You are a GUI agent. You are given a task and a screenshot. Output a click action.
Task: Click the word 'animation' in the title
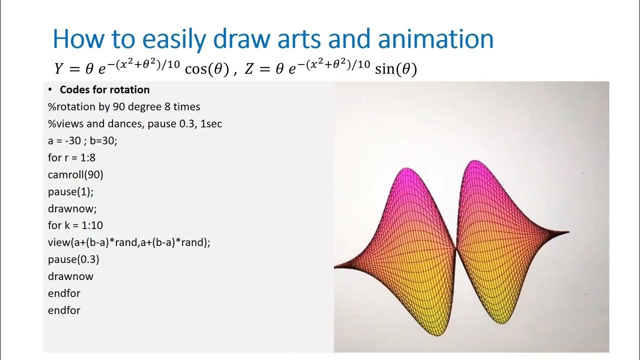(x=435, y=38)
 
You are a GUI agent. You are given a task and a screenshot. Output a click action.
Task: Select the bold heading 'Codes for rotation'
(x=104, y=90)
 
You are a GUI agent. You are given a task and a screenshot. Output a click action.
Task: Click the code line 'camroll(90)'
(x=75, y=175)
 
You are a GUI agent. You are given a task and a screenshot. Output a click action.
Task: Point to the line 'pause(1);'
(x=70, y=192)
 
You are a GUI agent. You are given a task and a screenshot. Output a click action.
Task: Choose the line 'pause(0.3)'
(x=73, y=259)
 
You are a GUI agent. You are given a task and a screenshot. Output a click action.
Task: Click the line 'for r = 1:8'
(x=71, y=158)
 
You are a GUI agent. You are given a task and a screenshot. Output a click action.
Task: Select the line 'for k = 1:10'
(x=75, y=225)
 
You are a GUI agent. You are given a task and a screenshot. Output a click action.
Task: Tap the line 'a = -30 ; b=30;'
(x=82, y=141)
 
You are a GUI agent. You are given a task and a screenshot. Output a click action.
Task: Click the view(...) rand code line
(x=129, y=242)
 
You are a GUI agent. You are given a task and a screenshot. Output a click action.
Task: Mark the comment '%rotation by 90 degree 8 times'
(x=124, y=107)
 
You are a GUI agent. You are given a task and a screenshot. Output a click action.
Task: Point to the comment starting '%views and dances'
(x=135, y=124)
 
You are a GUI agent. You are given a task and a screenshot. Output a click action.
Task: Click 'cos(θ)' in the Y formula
(x=206, y=69)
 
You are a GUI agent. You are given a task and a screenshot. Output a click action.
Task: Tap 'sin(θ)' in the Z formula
(x=395, y=69)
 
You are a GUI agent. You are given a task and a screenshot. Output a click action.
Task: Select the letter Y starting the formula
(x=60, y=69)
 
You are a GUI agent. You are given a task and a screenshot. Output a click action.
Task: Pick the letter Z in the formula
(x=250, y=69)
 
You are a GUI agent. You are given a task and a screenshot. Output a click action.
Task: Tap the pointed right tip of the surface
(x=567, y=232)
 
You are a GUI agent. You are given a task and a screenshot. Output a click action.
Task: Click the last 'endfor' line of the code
(x=64, y=310)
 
